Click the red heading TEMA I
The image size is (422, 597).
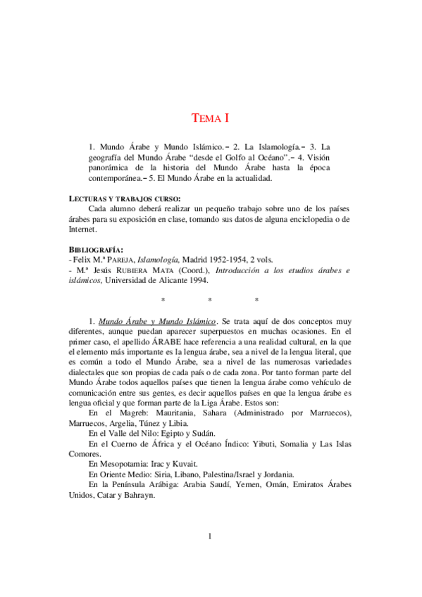point(211,118)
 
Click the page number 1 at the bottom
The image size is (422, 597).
point(211,537)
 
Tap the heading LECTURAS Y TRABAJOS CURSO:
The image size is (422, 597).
point(124,199)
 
